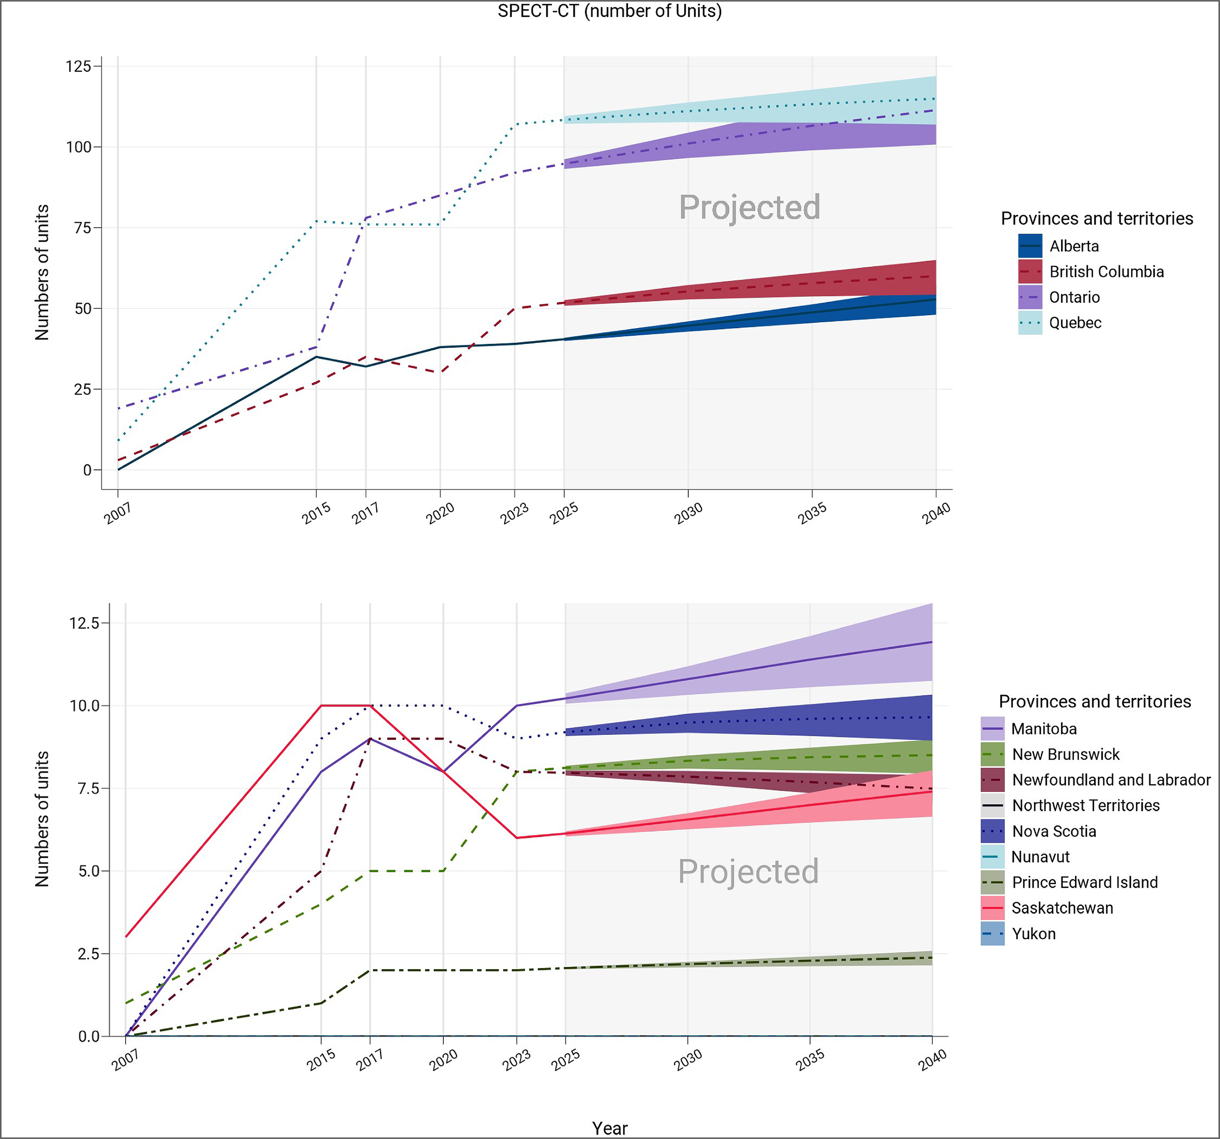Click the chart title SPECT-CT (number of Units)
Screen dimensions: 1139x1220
tap(609, 11)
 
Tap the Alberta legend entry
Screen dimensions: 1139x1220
tap(1073, 246)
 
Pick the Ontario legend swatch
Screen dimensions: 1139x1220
tap(1030, 297)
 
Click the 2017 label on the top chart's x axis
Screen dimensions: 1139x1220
tap(365, 513)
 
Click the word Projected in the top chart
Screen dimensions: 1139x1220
tap(749, 207)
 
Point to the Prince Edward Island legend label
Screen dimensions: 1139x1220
tap(1084, 882)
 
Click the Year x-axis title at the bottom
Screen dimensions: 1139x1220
tap(609, 1128)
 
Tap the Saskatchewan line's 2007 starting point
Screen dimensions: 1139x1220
tap(126, 936)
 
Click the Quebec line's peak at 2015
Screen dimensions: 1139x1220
tap(316, 221)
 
